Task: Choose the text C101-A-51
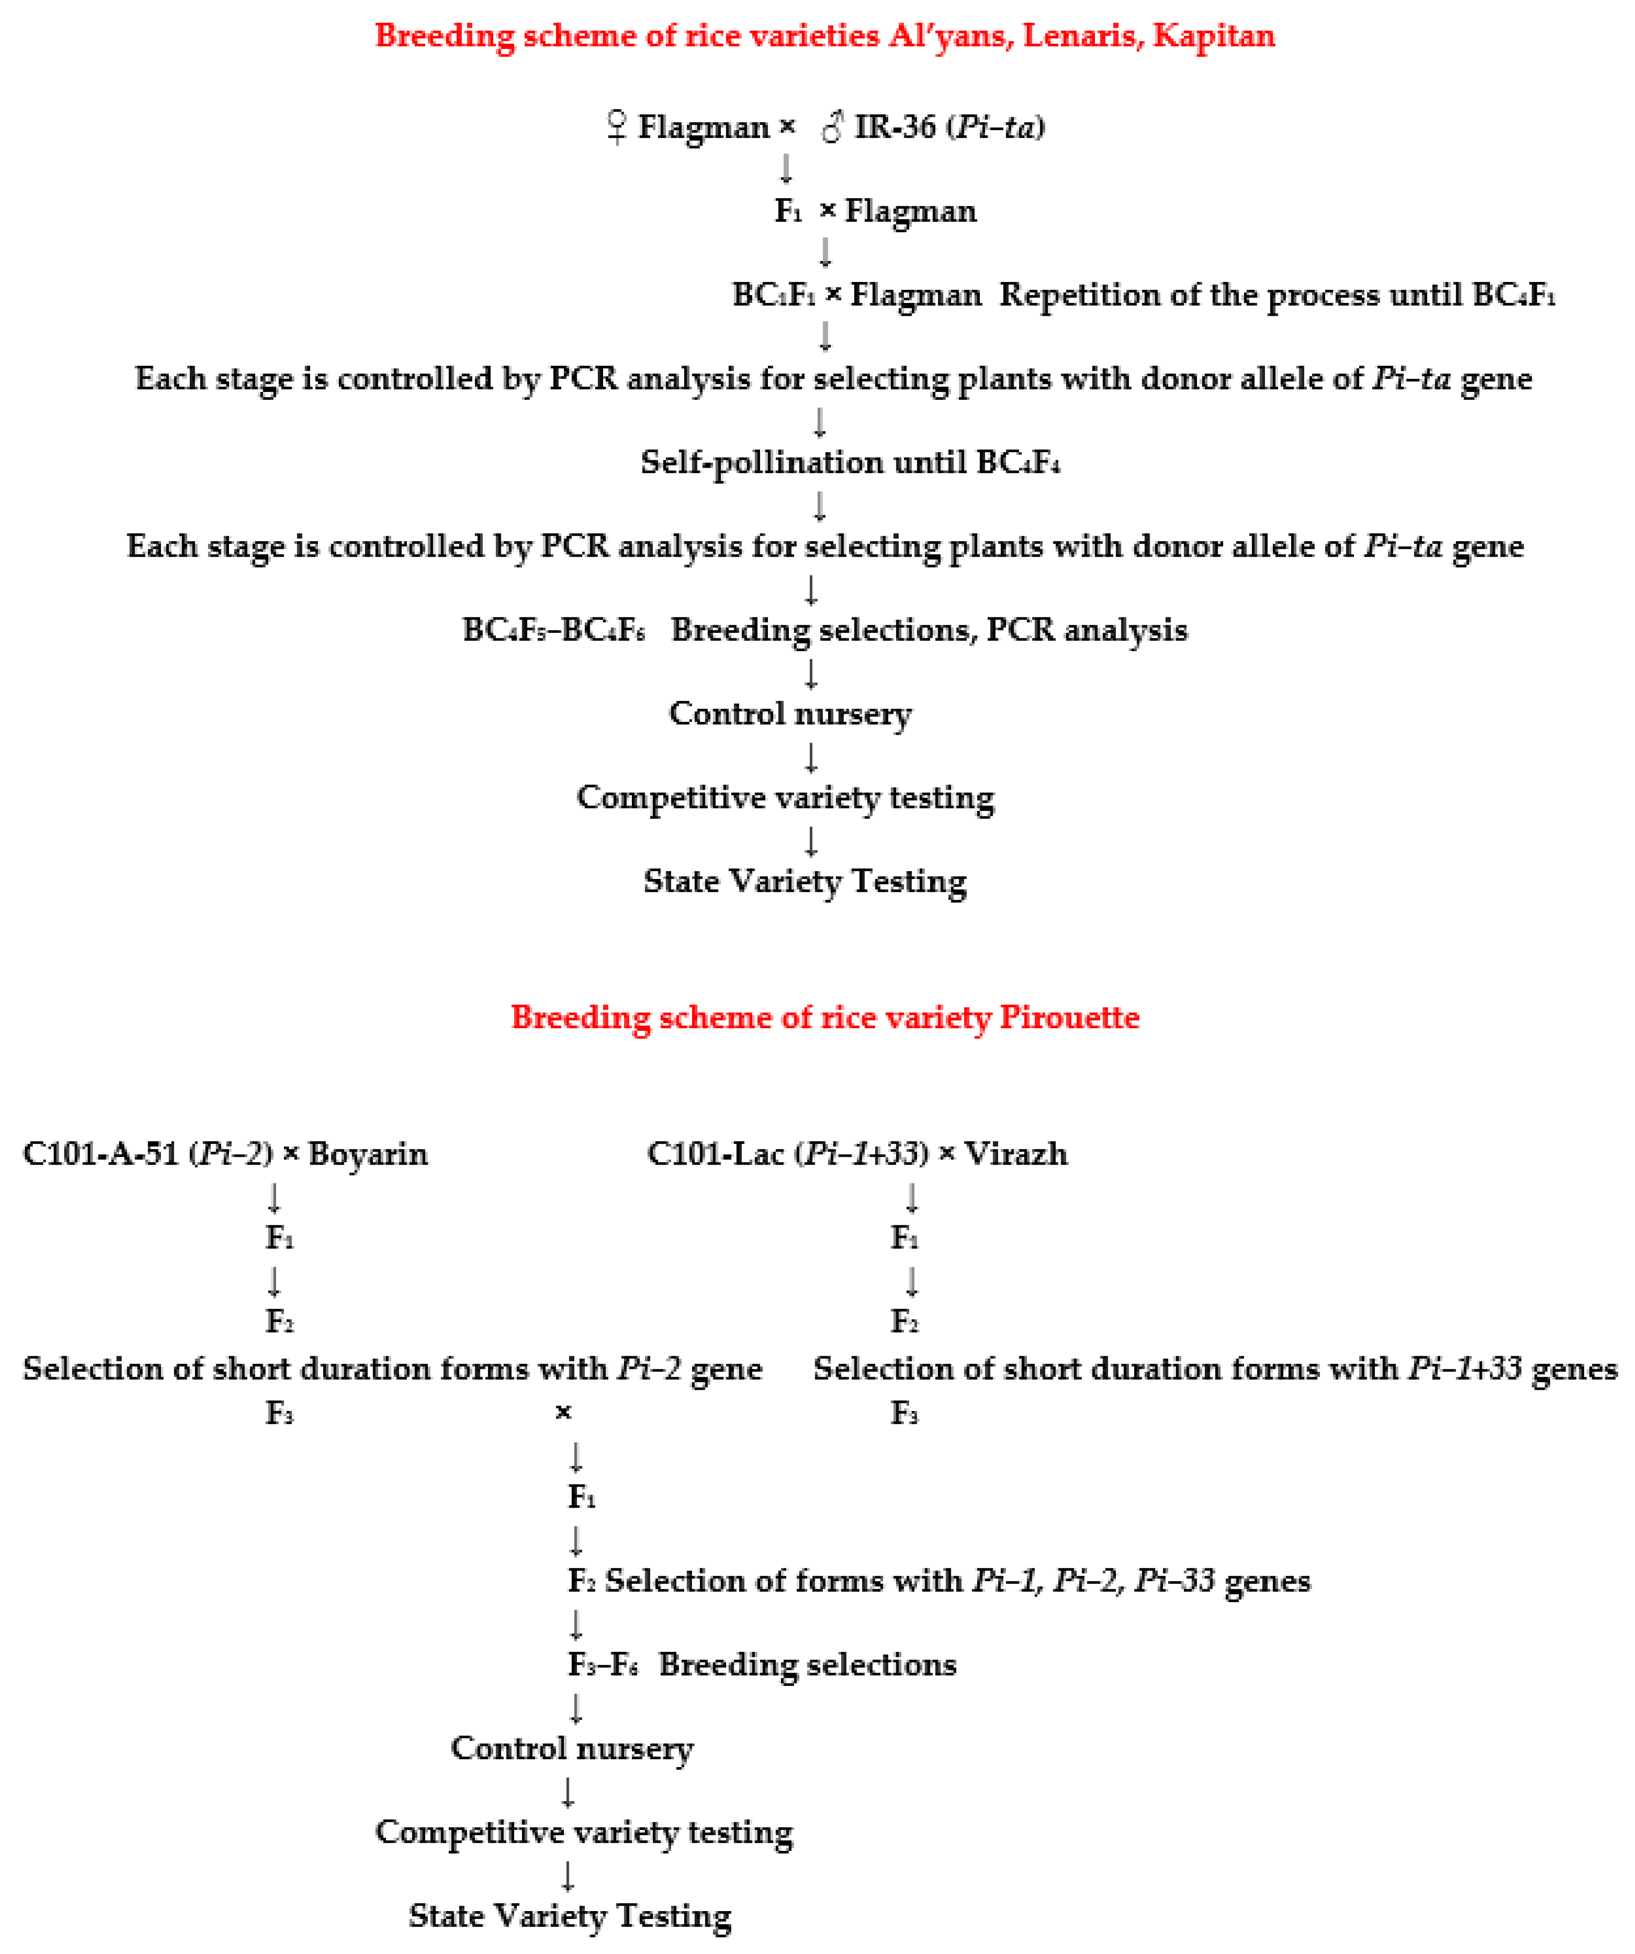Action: click(x=100, y=1154)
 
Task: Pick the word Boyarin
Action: click(x=368, y=1154)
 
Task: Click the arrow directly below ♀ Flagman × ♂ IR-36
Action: click(x=786, y=168)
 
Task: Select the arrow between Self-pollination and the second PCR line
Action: click(x=819, y=505)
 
